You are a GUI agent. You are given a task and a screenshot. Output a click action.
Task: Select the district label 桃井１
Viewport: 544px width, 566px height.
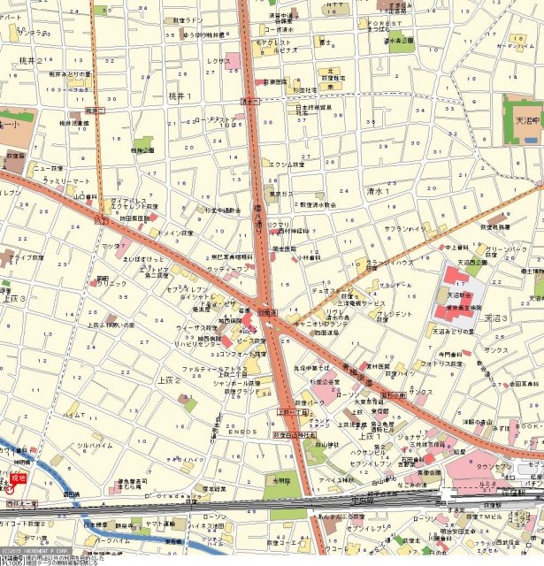pyautogui.click(x=180, y=96)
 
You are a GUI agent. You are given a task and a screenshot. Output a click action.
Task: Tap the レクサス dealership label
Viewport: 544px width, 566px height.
pyautogui.click(x=218, y=62)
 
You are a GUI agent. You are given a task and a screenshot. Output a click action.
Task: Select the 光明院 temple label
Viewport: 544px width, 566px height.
pyautogui.click(x=282, y=481)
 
